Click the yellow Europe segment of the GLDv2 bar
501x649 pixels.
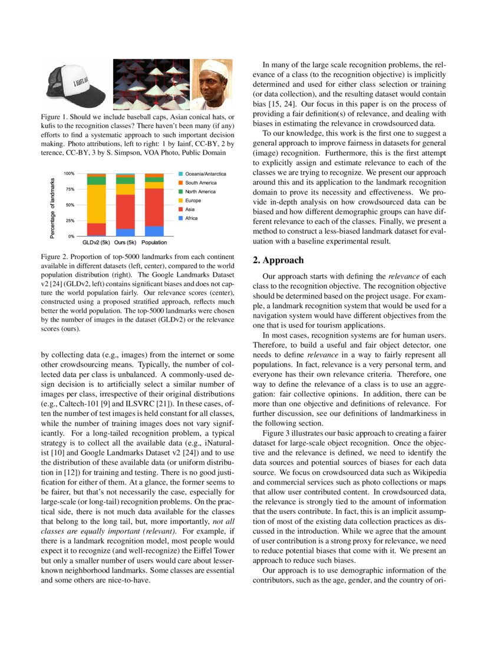click(x=96, y=204)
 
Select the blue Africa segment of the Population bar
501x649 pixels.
click(x=154, y=231)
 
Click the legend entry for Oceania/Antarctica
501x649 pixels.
click(x=205, y=174)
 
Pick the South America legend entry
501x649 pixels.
click(x=200, y=183)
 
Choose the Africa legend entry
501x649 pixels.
click(x=192, y=218)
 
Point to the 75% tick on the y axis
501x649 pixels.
click(x=69, y=189)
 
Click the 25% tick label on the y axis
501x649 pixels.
click(x=69, y=221)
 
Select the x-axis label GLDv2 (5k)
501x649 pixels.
click(x=96, y=242)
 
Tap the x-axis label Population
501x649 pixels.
click(x=154, y=242)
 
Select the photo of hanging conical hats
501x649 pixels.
click(x=151, y=84)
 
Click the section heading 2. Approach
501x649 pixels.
click(x=278, y=260)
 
